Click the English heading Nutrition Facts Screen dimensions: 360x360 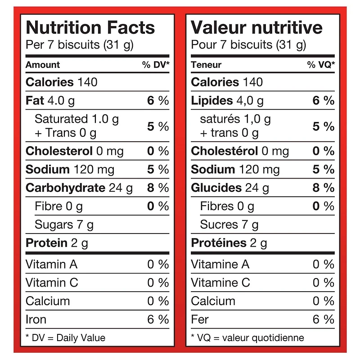[90, 28]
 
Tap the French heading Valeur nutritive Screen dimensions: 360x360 [256, 28]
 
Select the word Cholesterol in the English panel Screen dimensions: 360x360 [59, 151]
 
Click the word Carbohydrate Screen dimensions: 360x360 [65, 188]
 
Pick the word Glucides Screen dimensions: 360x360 [216, 188]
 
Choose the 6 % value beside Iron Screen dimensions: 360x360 [158, 319]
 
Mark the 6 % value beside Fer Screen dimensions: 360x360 [324, 319]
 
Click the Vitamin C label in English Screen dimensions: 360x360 [52, 283]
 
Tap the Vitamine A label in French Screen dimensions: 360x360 [220, 264]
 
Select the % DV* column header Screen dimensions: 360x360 [156, 65]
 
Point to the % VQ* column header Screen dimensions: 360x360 [321, 65]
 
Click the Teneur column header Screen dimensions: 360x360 [206, 65]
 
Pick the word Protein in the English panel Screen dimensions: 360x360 [46, 243]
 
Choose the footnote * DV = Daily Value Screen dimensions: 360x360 [65, 337]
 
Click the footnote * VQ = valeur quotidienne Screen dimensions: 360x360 [247, 337]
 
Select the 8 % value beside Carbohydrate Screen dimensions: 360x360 [158, 188]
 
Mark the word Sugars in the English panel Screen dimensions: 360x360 [54, 225]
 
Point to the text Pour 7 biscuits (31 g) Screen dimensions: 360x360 [248, 45]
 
